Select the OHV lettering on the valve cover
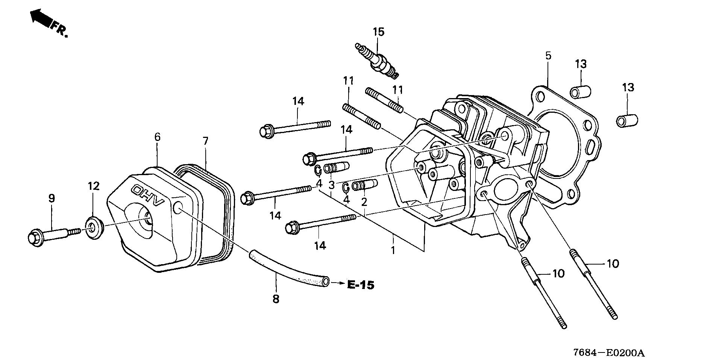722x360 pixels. [149, 195]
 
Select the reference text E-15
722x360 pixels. [360, 285]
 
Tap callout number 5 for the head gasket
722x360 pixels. [548, 56]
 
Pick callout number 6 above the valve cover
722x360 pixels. [157, 137]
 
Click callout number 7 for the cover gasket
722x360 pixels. [205, 141]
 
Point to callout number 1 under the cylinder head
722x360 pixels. [393, 250]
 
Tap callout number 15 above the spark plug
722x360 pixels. [379, 32]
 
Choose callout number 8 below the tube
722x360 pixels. [276, 299]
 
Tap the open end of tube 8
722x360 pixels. [326, 281]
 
